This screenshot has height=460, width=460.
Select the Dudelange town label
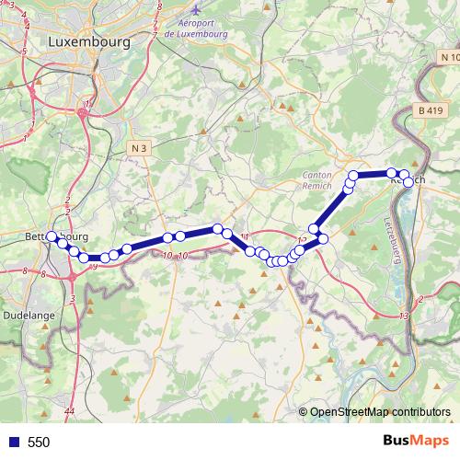coord(29,315)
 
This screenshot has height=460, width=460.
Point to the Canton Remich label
coord(322,179)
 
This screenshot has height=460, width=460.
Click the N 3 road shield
coord(139,147)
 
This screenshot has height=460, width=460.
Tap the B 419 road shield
coord(429,110)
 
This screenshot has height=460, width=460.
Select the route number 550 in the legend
coord(39,443)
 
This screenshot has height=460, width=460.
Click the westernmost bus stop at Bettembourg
coord(52,236)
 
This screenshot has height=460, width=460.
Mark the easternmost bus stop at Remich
coord(409,181)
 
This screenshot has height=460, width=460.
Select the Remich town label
coord(409,179)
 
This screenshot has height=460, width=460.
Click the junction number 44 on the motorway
coord(71,410)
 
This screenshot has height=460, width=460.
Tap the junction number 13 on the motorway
coord(405,316)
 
